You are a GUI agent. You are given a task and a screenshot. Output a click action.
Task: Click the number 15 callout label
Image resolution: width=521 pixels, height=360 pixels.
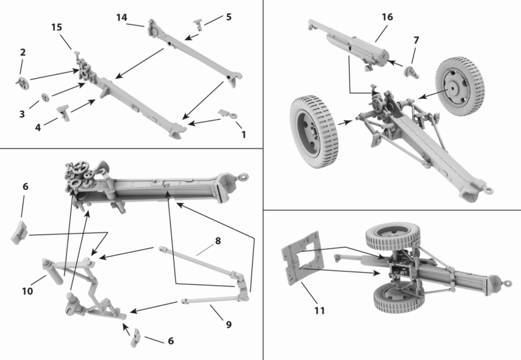click(x=57, y=27)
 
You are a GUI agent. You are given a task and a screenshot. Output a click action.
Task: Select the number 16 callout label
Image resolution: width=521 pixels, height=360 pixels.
click(x=387, y=16)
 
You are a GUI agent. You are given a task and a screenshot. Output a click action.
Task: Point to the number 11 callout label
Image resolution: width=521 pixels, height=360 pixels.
click(x=318, y=311)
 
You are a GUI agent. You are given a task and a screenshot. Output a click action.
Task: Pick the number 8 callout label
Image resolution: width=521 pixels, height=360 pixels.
click(x=218, y=241)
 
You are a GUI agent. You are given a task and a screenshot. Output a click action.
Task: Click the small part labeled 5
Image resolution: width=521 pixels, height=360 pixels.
click(x=199, y=24)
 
